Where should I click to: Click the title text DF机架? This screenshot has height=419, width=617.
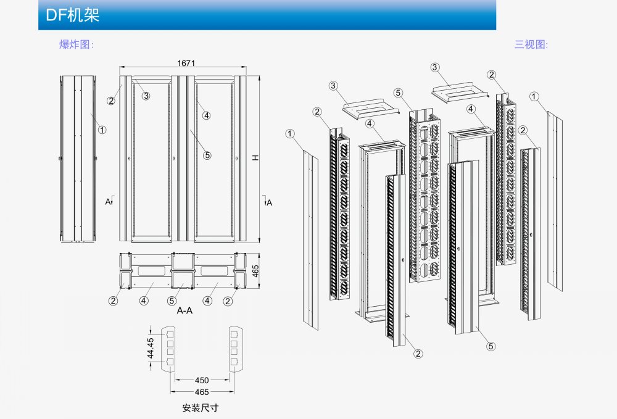[x=73, y=15]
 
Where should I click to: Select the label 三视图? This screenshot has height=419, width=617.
[x=531, y=44]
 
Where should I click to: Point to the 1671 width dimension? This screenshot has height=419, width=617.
[x=186, y=63]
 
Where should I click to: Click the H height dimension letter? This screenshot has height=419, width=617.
[x=256, y=158]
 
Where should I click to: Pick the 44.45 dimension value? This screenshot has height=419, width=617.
[x=151, y=348]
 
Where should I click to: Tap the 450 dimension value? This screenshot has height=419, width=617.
[x=202, y=380]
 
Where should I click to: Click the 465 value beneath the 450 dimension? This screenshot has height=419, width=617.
[x=202, y=392]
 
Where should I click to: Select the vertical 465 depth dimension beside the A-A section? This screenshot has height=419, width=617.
[x=255, y=271]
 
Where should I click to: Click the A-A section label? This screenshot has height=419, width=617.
[x=184, y=310]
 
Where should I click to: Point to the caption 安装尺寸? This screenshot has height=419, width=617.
[x=201, y=408]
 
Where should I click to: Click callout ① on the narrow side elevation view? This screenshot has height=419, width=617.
[x=102, y=130]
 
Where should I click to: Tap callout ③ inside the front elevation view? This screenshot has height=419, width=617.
[x=146, y=96]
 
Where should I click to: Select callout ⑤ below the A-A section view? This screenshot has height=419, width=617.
[x=172, y=301]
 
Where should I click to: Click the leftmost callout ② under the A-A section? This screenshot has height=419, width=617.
[x=113, y=301]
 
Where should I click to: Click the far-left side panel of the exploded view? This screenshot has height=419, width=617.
[x=310, y=241]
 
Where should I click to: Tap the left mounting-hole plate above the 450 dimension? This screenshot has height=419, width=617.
[x=168, y=349]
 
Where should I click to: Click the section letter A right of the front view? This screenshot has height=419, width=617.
[x=269, y=202]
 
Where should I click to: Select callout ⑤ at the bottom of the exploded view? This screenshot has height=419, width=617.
[x=491, y=346]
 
